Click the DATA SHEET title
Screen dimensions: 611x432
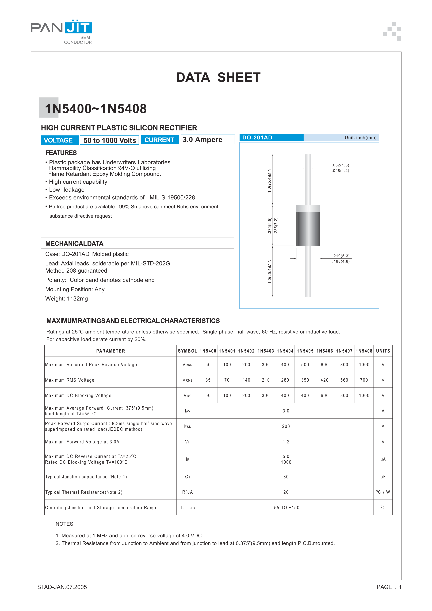tap(218, 78)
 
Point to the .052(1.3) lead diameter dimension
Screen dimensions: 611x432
tap(341, 165)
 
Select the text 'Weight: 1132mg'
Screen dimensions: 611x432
tap(67, 299)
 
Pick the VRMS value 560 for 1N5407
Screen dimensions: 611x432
tap(344, 380)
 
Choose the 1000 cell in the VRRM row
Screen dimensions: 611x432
tap(364, 365)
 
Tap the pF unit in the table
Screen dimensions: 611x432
tap(383, 477)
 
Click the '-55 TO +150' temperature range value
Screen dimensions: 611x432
tap(286, 508)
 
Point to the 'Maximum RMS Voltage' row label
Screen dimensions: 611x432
tap(70, 380)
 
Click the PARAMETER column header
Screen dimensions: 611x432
tap(110, 351)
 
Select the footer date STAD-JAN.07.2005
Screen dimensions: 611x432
tap(62, 587)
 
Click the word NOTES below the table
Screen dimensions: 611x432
tap(65, 524)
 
